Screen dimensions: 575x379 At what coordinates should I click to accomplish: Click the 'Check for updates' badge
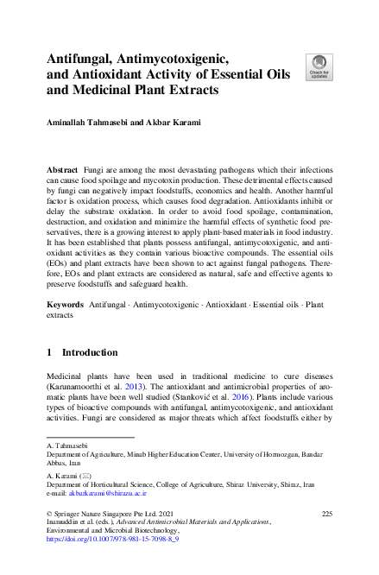click(319, 66)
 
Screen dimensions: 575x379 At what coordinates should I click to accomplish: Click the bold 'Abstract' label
click(63, 172)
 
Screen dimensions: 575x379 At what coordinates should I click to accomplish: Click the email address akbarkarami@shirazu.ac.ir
click(109, 494)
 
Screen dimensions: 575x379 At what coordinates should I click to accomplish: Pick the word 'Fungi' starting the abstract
click(98, 172)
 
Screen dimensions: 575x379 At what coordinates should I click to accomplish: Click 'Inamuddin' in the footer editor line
click(66, 522)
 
